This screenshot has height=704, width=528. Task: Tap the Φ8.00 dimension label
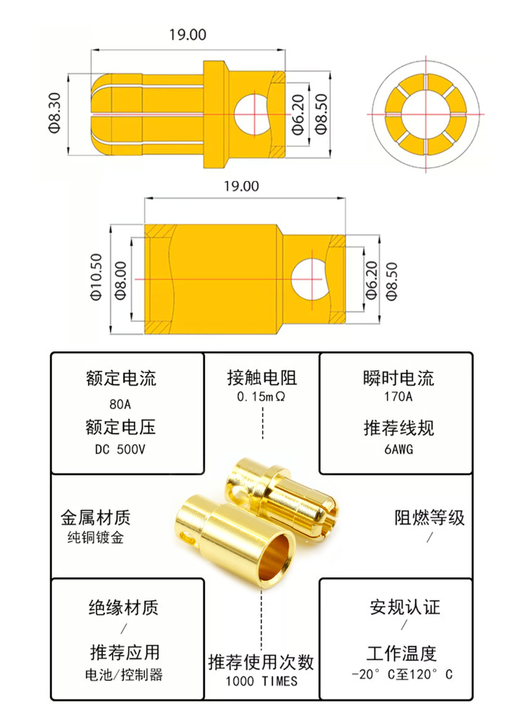pos(119,279)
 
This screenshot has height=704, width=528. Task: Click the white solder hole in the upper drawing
pos(251,113)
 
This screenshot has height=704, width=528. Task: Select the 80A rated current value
pos(121,405)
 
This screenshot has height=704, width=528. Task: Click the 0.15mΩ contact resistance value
pos(261,398)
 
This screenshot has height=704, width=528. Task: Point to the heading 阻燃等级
pos(429,518)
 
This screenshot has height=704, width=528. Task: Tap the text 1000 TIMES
pos(261,681)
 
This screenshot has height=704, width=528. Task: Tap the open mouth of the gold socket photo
pos(275,556)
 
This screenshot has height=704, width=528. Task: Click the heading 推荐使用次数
pos(261,662)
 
